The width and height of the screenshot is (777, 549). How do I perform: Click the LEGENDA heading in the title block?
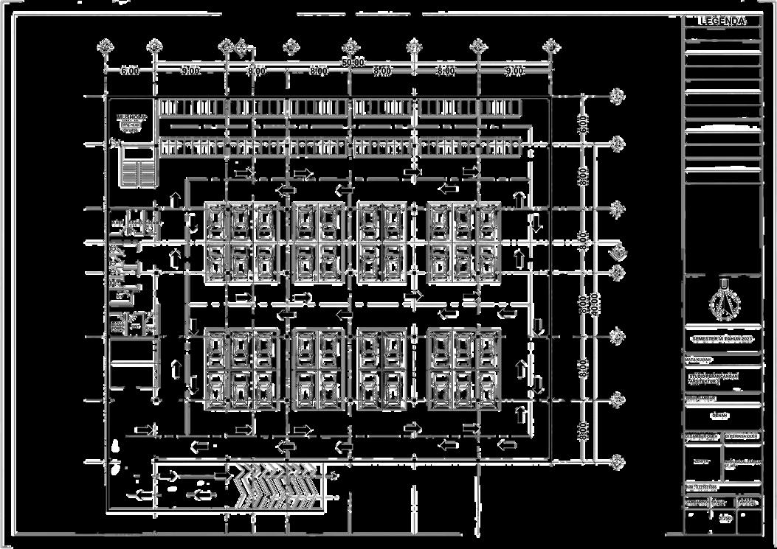tap(722, 21)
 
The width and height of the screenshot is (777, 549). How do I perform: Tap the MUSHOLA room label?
tap(132, 118)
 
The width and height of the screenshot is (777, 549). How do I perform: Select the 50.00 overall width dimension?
tap(353, 63)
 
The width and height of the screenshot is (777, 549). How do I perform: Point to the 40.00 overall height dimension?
tap(595, 302)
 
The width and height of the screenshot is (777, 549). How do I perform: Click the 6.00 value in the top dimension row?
tap(130, 71)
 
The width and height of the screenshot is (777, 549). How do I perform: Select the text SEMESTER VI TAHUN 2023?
tap(722, 338)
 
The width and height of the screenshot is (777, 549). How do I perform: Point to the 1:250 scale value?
tap(725, 519)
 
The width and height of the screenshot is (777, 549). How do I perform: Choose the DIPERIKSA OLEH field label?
tap(742, 436)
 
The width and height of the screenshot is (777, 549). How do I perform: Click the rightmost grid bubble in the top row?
tap(550, 46)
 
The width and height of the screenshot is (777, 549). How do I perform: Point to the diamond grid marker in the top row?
tap(241, 48)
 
